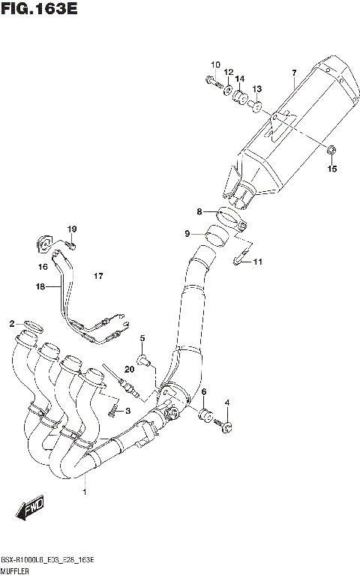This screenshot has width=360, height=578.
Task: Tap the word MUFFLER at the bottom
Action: click(x=16, y=571)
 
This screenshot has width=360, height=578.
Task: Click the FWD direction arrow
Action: click(x=31, y=511)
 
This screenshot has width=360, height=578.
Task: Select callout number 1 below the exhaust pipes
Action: click(x=85, y=493)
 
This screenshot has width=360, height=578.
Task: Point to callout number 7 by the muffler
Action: click(x=294, y=73)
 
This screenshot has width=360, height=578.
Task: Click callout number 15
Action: click(x=332, y=169)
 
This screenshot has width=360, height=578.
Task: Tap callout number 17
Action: click(x=97, y=277)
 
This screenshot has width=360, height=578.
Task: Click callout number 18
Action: click(x=40, y=286)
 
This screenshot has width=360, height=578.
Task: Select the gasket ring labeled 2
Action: click(x=31, y=325)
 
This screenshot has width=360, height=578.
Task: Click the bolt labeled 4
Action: click(x=223, y=427)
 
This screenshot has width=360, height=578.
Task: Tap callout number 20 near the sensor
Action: click(x=129, y=369)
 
